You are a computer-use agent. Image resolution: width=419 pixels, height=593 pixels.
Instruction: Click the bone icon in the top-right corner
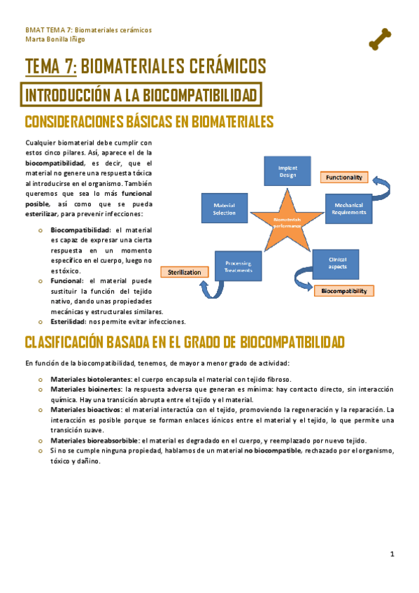379,38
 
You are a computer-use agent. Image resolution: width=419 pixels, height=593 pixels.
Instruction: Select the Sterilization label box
185,272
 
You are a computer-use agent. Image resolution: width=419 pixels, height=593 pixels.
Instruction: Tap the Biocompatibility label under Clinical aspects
343,290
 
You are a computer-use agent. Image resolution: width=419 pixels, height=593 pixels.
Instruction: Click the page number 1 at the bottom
392,555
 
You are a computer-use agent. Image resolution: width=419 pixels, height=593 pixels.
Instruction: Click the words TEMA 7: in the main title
51,66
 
